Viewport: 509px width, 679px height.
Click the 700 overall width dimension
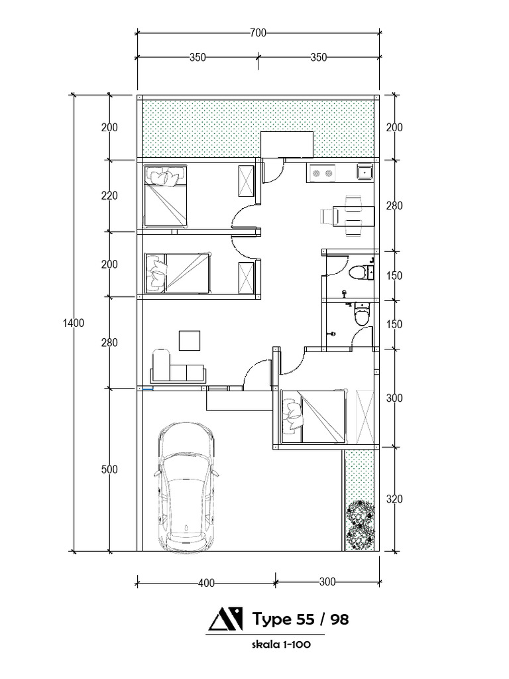258,32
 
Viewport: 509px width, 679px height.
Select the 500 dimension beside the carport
109,469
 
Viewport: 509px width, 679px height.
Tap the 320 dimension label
394,499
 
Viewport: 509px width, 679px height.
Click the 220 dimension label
109,196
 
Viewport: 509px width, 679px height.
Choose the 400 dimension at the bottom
206,584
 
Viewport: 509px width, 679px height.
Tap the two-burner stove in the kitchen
323,173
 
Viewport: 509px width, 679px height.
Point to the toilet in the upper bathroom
360,273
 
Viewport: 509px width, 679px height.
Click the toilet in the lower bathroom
362,314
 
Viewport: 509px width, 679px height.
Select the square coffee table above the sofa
190,341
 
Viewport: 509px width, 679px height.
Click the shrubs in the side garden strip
360,524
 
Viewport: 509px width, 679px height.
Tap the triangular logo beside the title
225,619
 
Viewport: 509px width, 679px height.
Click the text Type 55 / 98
300,619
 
